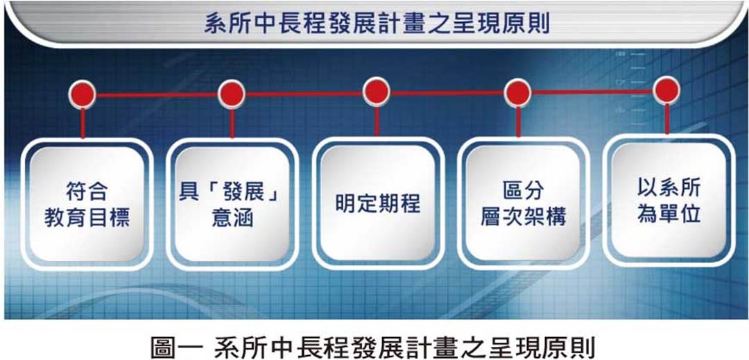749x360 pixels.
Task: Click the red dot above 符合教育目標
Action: tap(82, 94)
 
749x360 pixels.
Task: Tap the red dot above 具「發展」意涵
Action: tap(232, 94)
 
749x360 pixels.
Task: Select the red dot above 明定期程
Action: tap(377, 92)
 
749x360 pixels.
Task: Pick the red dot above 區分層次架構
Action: tap(517, 93)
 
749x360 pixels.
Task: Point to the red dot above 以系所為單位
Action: tap(666, 90)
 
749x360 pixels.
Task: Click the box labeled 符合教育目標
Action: tap(87, 205)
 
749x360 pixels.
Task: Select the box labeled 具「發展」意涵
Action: tap(232, 205)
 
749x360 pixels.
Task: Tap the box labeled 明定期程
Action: tap(378, 203)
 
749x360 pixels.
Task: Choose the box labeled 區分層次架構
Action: tap(523, 203)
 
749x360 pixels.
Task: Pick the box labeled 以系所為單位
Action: tap(669, 200)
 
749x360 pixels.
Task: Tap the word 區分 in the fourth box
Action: tap(523, 191)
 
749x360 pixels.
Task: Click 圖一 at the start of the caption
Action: tap(173, 348)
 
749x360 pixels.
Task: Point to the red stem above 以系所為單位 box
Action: tap(667, 119)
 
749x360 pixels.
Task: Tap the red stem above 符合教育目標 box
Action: tap(83, 123)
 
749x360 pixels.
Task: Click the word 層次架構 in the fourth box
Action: tap(523, 218)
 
